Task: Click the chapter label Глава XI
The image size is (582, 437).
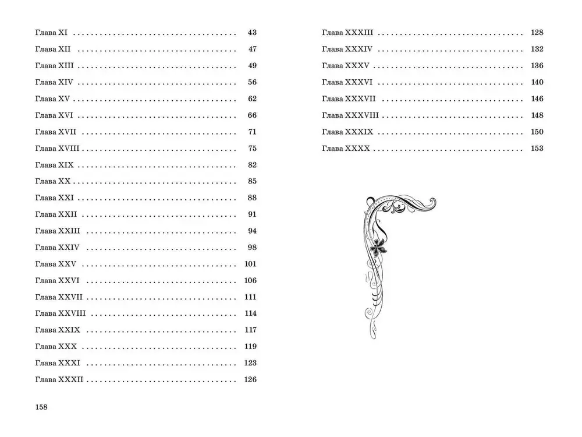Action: click(52, 33)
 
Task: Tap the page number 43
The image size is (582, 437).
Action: click(251, 33)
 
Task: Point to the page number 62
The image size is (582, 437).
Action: click(251, 99)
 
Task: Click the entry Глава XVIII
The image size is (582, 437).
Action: click(57, 148)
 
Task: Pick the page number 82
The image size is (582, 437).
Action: click(251, 165)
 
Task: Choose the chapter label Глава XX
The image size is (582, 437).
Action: click(53, 181)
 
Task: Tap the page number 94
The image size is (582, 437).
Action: click(251, 231)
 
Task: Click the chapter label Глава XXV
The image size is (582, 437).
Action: click(56, 264)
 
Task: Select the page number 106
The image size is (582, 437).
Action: click(250, 280)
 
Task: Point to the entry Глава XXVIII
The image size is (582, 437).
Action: click(61, 313)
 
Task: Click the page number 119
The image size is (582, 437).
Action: click(250, 347)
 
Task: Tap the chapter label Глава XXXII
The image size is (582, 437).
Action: click(59, 380)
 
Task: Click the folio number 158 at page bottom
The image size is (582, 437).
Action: click(40, 407)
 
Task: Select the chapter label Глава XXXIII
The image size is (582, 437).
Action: click(347, 33)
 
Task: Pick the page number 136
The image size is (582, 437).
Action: click(537, 66)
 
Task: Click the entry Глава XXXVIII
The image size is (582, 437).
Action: click(350, 115)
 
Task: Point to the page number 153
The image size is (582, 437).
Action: click(537, 149)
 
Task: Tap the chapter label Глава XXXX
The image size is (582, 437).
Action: click(346, 149)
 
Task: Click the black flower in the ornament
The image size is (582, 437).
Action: click(380, 247)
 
